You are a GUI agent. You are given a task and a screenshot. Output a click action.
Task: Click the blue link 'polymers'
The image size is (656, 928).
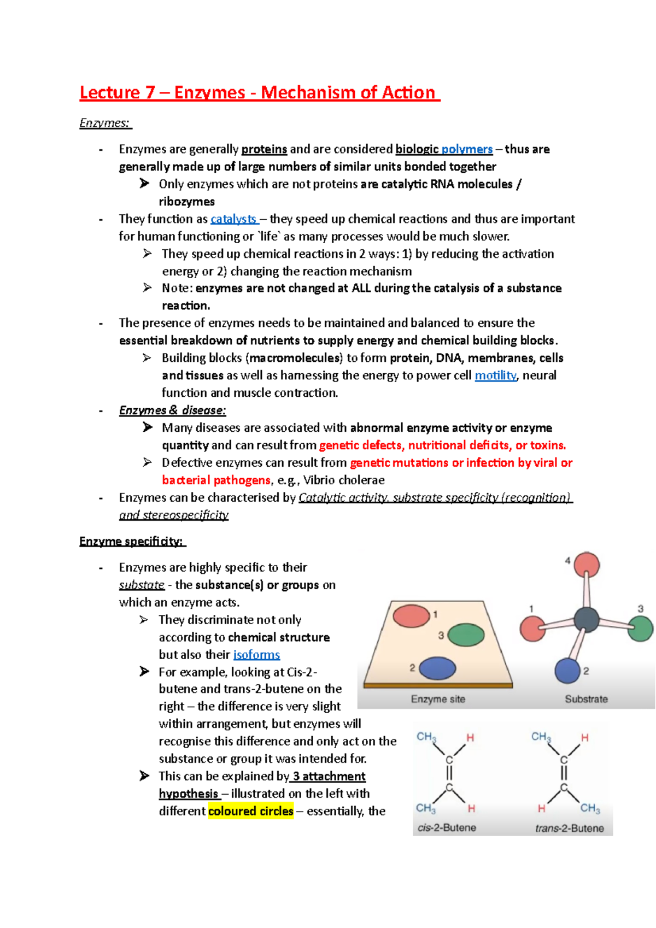click(467, 149)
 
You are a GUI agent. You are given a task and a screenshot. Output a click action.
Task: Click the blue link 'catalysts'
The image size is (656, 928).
click(233, 219)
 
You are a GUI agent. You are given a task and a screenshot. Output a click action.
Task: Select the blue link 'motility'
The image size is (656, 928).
click(495, 375)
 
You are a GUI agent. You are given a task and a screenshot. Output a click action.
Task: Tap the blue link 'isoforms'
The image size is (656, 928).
click(256, 655)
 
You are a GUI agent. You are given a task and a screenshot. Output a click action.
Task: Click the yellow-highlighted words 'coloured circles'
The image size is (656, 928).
click(251, 811)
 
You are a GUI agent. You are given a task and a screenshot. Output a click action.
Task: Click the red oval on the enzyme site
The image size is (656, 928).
click(411, 616)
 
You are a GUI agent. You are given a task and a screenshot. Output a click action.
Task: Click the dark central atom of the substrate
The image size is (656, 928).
click(587, 620)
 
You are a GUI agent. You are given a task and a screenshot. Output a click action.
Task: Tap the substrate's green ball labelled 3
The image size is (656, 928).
click(640, 629)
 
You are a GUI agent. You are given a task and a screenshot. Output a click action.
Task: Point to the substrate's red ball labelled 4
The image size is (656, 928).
click(587, 565)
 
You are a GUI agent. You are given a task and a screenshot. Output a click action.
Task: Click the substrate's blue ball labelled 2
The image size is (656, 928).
click(567, 671)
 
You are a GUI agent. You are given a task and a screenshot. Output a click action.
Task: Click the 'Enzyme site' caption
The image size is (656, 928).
click(438, 699)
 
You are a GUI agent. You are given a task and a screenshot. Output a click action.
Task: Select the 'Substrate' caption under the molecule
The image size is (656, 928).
click(586, 699)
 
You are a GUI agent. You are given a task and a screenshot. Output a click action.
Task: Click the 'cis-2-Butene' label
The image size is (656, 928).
click(447, 827)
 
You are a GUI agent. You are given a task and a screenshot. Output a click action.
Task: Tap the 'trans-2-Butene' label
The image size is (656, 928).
click(569, 828)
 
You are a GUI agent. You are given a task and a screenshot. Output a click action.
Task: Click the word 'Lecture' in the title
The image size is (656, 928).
click(110, 93)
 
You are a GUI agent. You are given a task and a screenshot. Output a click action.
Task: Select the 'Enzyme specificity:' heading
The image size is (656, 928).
click(131, 542)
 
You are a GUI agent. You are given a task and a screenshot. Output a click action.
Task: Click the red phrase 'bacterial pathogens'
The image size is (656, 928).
click(216, 480)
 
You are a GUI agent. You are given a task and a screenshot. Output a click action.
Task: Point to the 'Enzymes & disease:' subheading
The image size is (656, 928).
click(172, 410)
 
